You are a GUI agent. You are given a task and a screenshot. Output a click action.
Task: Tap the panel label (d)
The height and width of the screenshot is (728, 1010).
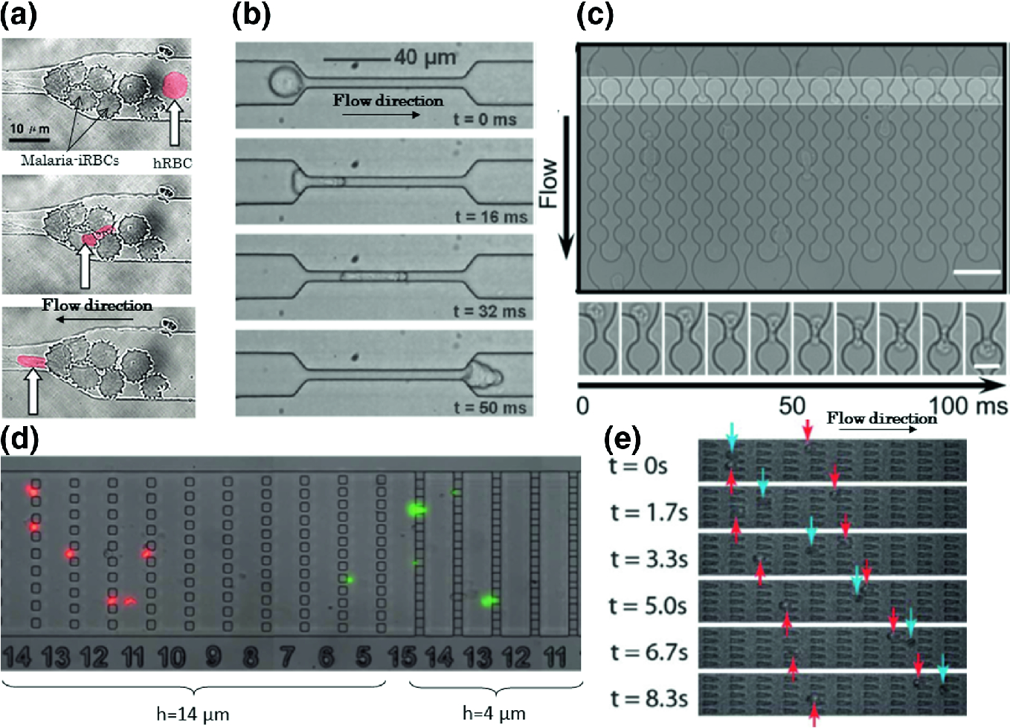[x=20, y=439]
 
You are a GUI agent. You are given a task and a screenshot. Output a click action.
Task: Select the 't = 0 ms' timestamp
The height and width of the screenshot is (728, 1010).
[x=485, y=119]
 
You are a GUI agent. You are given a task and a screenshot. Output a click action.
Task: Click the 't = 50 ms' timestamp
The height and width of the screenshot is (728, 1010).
[x=489, y=407]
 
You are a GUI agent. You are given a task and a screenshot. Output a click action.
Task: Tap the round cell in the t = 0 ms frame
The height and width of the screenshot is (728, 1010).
[x=283, y=82]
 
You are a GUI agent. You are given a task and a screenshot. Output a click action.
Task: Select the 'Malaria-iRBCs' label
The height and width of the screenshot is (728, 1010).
[x=70, y=161]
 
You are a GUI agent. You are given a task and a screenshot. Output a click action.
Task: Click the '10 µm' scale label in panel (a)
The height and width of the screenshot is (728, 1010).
[x=30, y=129]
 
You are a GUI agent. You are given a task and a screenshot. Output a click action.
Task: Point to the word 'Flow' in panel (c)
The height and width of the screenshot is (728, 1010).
[x=548, y=183]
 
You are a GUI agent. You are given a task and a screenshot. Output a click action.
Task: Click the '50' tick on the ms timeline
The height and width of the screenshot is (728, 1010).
[x=792, y=405]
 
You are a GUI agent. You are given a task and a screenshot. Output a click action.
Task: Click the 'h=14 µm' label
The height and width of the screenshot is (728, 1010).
[x=193, y=714]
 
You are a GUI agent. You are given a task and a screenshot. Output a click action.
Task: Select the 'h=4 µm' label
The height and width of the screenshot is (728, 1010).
[x=494, y=713]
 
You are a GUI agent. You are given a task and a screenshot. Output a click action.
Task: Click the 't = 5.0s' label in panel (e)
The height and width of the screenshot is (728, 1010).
[x=648, y=606]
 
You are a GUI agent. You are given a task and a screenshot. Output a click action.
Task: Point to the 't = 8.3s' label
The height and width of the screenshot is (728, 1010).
[x=649, y=699]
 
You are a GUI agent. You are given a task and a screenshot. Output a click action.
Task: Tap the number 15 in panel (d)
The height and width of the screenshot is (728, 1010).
[x=402, y=657]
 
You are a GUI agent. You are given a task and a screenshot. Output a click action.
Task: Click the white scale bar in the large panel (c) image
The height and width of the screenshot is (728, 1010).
[x=977, y=273]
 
